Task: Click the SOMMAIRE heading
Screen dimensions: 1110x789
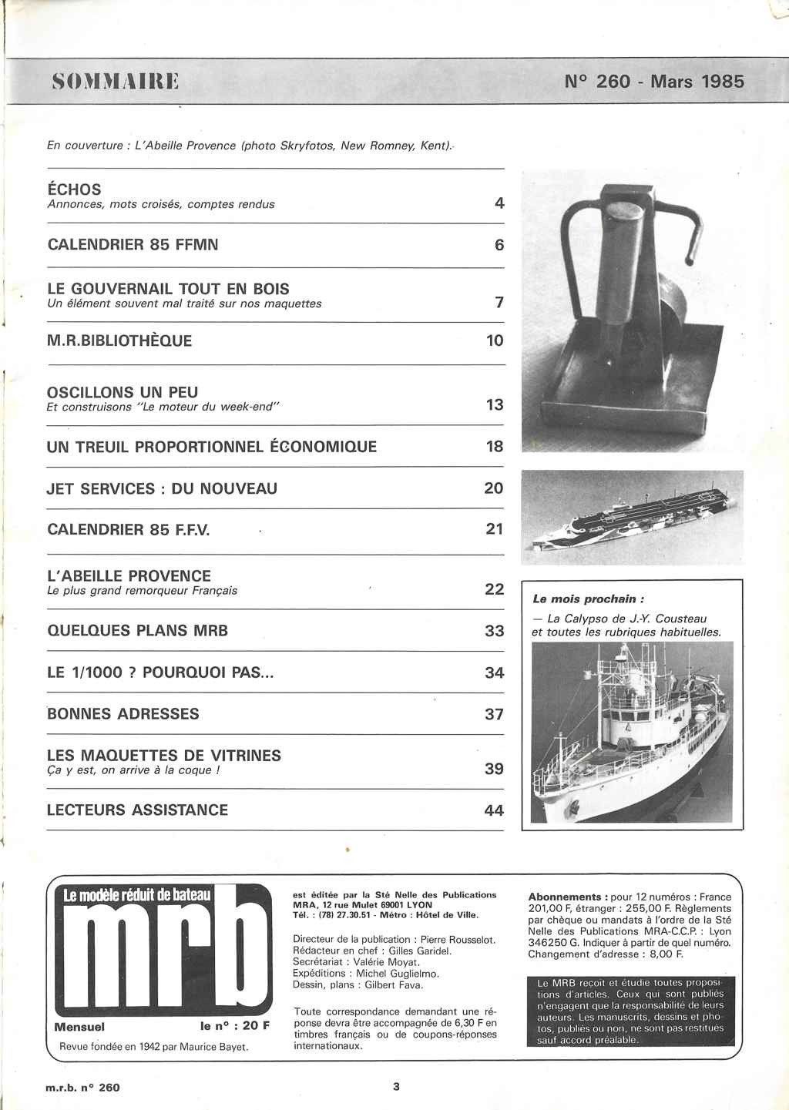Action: [x=115, y=80]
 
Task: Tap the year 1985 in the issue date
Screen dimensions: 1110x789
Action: [x=723, y=81]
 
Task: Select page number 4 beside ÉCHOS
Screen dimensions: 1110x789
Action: [x=499, y=203]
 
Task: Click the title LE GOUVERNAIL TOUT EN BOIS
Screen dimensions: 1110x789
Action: [x=168, y=289]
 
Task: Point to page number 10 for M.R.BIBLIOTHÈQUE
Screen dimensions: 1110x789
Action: [x=494, y=340]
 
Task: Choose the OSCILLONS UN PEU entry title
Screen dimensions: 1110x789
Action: [x=123, y=392]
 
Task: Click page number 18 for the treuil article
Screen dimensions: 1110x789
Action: [x=494, y=446]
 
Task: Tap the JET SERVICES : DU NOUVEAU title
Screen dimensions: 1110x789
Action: [x=162, y=488]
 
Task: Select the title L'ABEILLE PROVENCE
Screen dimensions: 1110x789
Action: [x=129, y=576]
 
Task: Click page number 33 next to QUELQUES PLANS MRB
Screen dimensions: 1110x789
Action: [x=494, y=631]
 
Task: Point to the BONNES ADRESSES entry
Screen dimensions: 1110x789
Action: [x=123, y=714]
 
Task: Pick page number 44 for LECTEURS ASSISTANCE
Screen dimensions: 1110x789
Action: [x=494, y=810]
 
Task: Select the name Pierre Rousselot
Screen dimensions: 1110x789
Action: [x=455, y=940]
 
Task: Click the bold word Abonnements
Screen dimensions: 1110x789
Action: [x=565, y=897]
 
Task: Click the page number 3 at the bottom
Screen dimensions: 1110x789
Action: [x=396, y=1087]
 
